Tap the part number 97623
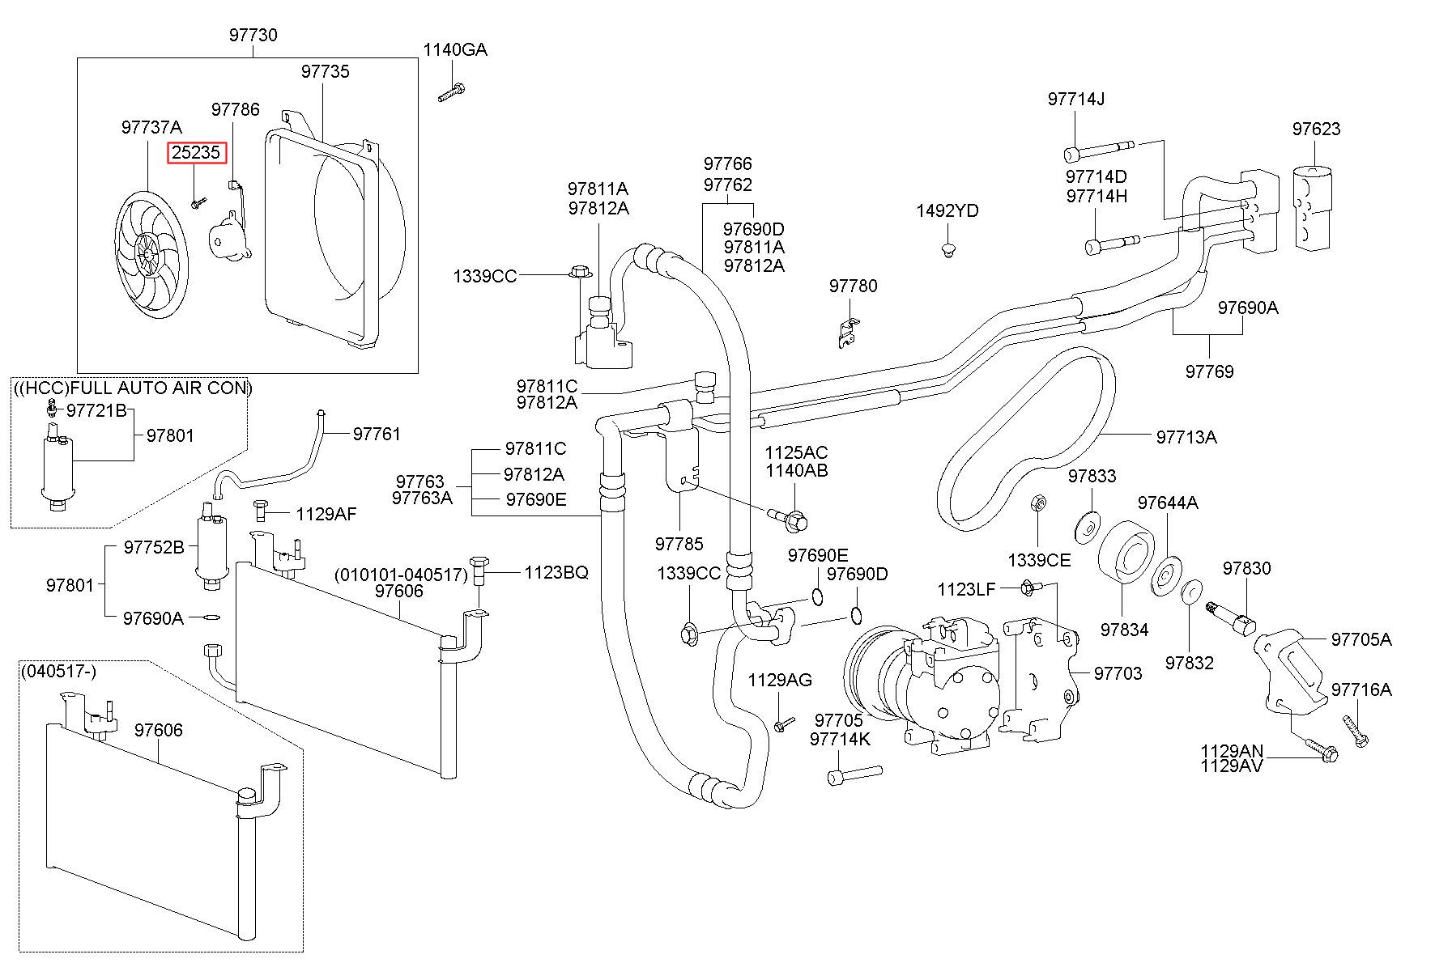pos(1316,129)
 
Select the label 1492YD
pos(947,211)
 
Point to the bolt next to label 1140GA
pos(450,91)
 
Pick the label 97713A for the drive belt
pos(1186,437)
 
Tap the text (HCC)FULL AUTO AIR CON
pos(134,388)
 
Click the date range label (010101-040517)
pos(401,575)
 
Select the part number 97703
pos(1118,673)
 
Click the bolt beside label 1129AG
pos(781,723)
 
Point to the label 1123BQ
pos(556,572)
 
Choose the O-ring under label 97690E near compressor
pos(817,597)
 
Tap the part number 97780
pos(853,286)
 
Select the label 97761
pos(377,434)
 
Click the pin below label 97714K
pos(854,774)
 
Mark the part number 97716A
pos(1361,689)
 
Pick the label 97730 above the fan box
pos(253,35)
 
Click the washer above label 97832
pos(1190,591)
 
